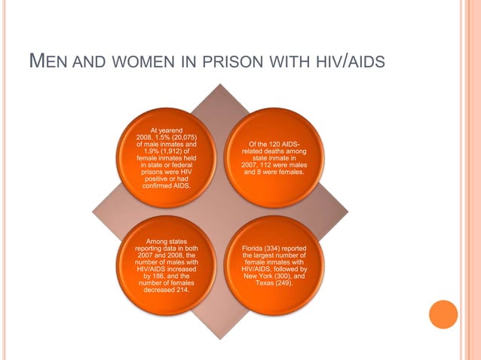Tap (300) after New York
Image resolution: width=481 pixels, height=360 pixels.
pos(289,276)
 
